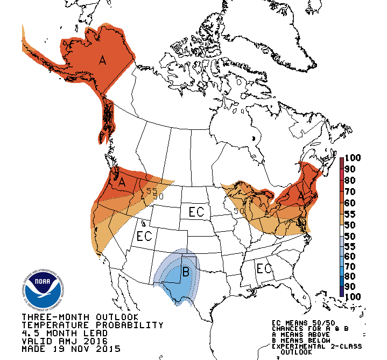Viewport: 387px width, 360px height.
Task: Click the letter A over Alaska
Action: [102, 60]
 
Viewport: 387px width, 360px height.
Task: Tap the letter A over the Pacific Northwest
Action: [122, 182]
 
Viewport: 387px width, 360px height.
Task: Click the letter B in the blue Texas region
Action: [186, 272]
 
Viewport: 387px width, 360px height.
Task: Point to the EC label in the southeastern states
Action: [264, 268]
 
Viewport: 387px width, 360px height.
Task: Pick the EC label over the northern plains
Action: [196, 212]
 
